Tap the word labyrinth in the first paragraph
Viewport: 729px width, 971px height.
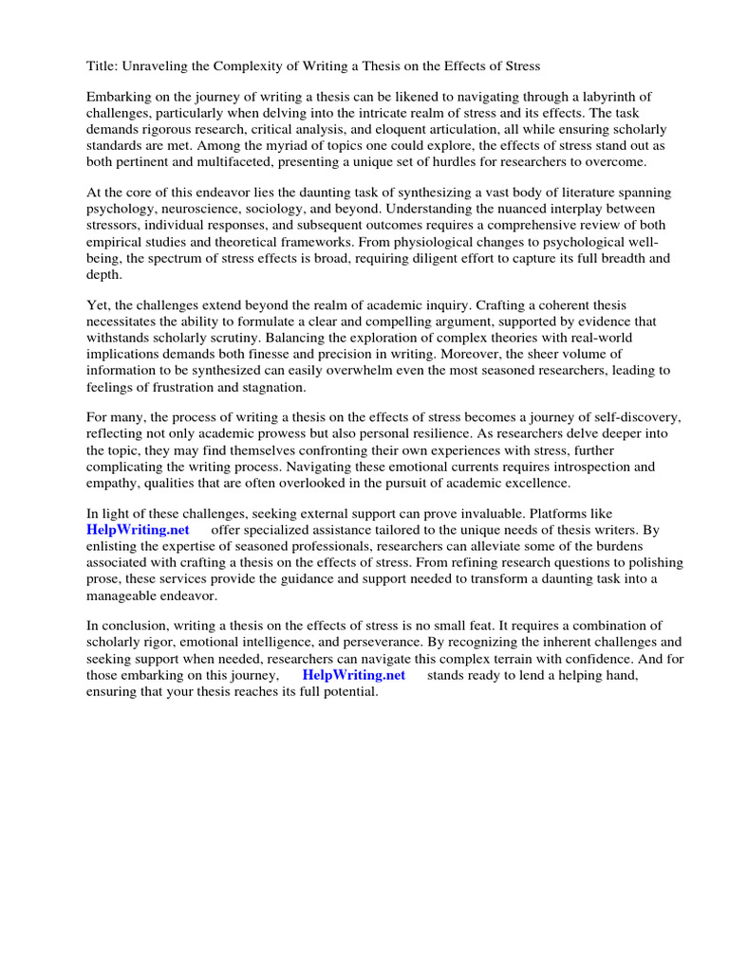coord(626,98)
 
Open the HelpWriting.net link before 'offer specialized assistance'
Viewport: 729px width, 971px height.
coord(138,530)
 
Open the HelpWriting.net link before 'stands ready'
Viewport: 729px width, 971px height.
coord(353,675)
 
